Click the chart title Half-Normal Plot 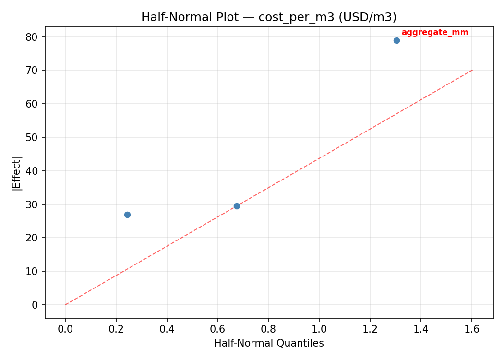269,17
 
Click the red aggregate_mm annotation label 434,33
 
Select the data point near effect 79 396,40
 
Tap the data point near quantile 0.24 127,215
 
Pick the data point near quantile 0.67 237,206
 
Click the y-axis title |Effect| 17,173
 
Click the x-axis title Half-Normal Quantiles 269,343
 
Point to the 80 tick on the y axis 35,37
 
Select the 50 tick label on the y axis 35,137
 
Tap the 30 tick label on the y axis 35,204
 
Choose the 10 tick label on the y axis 35,271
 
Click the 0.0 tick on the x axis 65,329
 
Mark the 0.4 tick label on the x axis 167,329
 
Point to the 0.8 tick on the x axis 268,329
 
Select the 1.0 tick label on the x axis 319,329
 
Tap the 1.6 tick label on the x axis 472,329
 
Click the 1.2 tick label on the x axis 370,329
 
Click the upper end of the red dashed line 472,70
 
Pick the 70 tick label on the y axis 35,71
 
